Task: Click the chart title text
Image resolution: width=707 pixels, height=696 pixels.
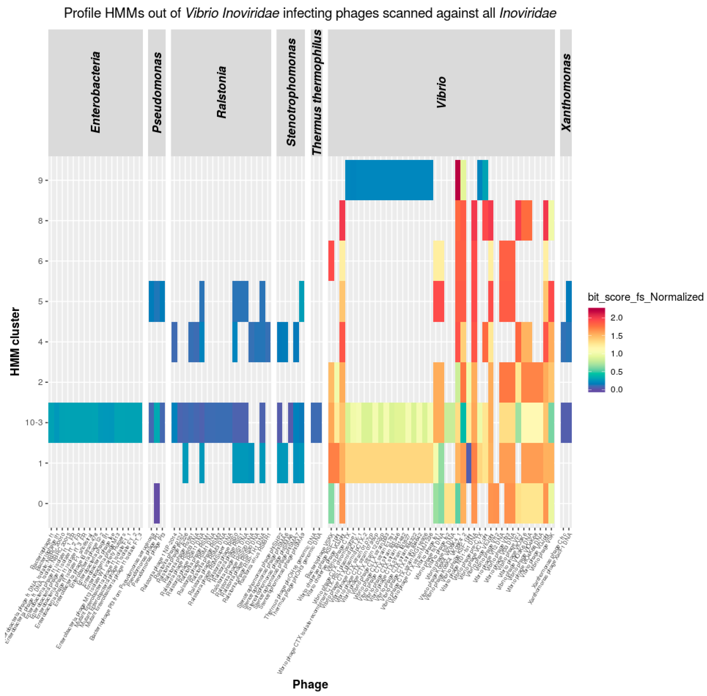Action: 310,13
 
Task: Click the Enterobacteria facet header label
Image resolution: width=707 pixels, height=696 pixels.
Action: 95,92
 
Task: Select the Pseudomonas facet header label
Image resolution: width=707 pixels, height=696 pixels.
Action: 157,92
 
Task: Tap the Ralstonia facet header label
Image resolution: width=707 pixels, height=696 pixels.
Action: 221,92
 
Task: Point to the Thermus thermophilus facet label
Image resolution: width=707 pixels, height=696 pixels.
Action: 317,92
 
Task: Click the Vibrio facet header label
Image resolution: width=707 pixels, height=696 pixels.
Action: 441,92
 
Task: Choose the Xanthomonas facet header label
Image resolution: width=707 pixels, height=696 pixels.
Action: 566,92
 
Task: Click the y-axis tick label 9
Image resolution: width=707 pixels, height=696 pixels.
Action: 40,180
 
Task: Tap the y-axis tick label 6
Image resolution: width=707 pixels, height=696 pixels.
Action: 40,261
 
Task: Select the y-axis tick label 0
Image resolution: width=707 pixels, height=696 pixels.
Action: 40,504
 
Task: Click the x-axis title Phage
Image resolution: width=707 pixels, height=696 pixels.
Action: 310,684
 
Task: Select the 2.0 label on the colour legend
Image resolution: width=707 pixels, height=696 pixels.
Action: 616,318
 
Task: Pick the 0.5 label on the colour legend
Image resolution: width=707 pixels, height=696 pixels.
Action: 616,372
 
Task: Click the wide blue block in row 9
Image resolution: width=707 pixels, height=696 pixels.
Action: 389,180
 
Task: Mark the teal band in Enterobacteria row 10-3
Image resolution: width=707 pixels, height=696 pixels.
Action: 95,422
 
